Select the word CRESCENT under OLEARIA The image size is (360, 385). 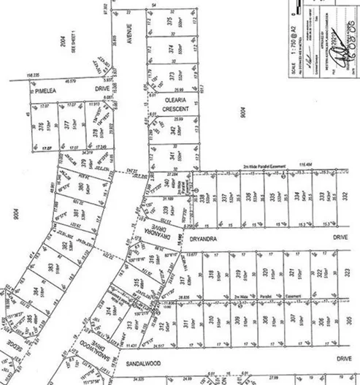coord(177,110)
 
